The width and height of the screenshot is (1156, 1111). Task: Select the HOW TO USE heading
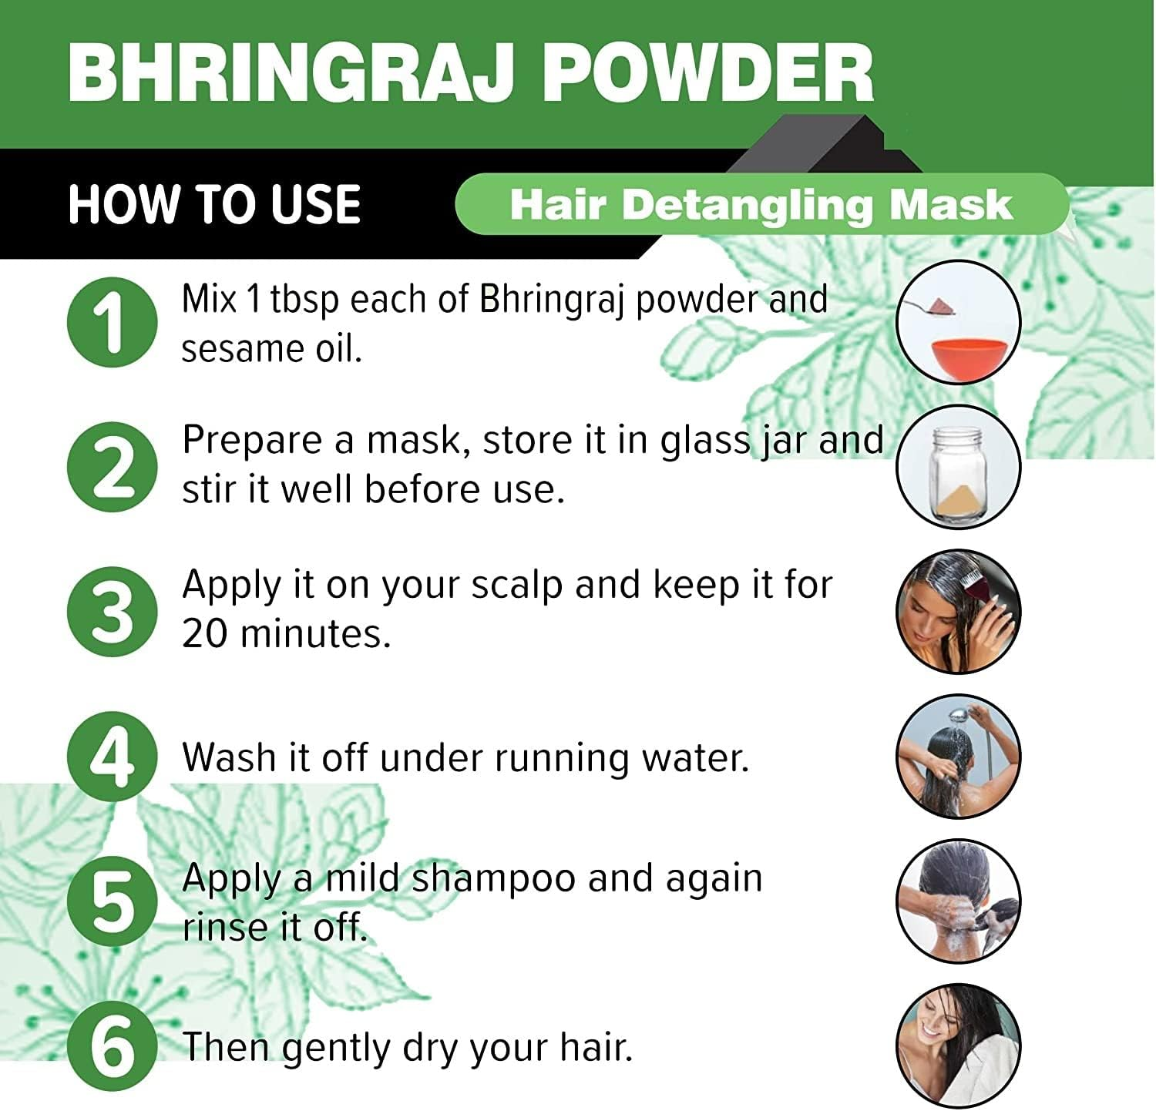click(x=214, y=204)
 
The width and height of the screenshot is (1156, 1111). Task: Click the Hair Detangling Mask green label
click(x=761, y=205)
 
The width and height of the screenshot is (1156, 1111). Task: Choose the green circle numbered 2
click(x=113, y=467)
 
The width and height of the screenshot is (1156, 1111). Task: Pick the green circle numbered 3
click(x=113, y=612)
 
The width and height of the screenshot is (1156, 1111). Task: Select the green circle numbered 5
click(x=113, y=901)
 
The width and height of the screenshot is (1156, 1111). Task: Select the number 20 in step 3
click(x=205, y=634)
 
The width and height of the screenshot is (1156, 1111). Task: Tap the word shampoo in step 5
click(x=493, y=878)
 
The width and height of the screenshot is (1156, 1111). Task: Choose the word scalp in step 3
click(x=517, y=586)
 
